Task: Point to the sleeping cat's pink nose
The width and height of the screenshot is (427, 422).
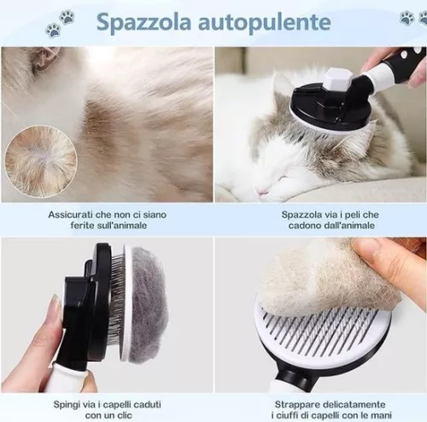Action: [263, 192]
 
